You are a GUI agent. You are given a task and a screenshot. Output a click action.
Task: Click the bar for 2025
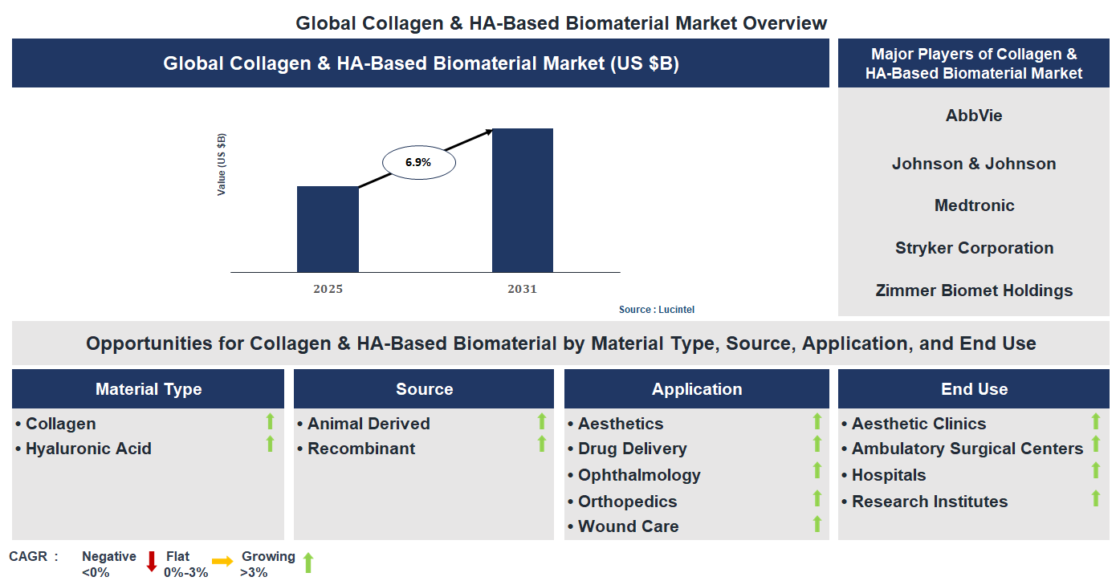coord(328,230)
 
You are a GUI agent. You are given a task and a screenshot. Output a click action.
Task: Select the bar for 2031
coord(522,201)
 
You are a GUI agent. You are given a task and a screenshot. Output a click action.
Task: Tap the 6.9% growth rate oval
coord(418,162)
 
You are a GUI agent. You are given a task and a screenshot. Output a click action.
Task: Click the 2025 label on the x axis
coord(328,289)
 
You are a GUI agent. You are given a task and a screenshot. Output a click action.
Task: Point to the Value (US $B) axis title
coord(222,165)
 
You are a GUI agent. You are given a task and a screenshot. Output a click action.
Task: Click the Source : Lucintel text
coord(656,310)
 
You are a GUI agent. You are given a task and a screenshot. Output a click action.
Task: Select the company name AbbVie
coord(973,116)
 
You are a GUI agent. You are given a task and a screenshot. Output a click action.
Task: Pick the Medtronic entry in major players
coord(974,205)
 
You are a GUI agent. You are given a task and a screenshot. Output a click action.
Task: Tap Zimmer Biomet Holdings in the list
coord(974,290)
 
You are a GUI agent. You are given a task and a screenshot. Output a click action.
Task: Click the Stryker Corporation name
coord(974,248)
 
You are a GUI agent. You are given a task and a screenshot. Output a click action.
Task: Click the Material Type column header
coord(149,389)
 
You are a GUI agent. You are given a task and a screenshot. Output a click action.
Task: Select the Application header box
coord(696,389)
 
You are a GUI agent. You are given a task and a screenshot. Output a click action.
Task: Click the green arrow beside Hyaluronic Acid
coord(270,444)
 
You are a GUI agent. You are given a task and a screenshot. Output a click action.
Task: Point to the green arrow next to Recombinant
coord(541,444)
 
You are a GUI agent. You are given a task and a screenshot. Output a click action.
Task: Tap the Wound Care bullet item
coord(627,526)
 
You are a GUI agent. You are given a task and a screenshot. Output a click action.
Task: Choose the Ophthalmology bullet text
coord(638,475)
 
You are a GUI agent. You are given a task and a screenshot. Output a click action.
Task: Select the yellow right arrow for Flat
coord(222,562)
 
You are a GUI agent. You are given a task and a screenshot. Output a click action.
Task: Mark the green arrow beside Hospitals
coord(1095,471)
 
